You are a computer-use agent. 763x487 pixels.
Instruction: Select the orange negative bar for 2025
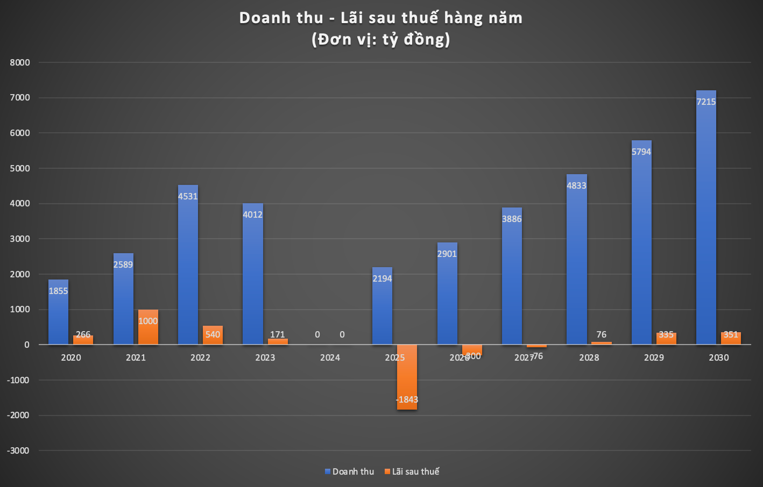tap(407, 376)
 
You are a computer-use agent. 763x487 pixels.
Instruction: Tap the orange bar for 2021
tap(148, 328)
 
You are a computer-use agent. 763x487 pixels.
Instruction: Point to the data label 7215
tap(706, 102)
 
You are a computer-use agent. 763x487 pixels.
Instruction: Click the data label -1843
tap(407, 399)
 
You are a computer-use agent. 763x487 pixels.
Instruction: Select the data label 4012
tap(252, 214)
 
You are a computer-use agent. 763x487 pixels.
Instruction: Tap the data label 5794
tap(641, 152)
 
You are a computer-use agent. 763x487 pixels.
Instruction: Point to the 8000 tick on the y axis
tap(20, 62)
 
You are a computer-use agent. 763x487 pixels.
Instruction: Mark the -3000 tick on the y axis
tap(18, 450)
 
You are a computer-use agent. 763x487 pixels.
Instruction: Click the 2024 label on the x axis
tap(330, 357)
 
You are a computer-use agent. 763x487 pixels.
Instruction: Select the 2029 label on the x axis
tap(654, 357)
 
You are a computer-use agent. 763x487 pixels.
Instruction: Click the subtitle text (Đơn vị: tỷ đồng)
tap(381, 39)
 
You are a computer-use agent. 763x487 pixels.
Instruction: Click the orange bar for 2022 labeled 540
tap(213, 335)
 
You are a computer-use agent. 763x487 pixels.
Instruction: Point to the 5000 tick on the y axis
tap(20, 168)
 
